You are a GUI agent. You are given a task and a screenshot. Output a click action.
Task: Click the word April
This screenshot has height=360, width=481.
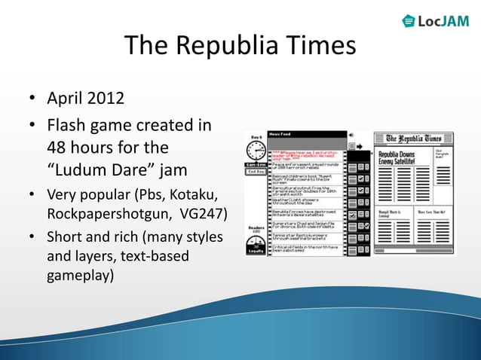[66, 98]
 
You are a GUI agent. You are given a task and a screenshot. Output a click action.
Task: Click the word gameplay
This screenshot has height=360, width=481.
[80, 275]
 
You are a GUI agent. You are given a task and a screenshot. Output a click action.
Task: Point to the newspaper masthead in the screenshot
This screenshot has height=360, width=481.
[414, 139]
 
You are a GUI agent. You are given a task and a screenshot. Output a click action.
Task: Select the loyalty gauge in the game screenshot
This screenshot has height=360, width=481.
[255, 244]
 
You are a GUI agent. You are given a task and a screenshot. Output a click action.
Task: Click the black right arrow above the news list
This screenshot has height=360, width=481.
[360, 145]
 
